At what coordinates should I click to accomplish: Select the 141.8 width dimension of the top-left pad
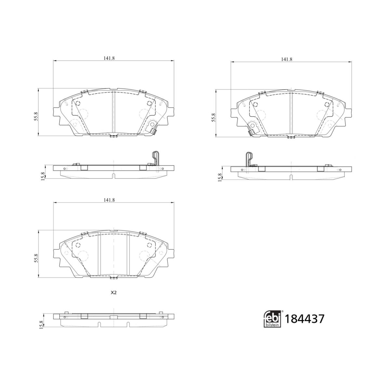[109, 58]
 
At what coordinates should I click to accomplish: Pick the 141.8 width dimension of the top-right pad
[287, 59]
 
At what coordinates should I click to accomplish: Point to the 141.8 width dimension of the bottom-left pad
[109, 200]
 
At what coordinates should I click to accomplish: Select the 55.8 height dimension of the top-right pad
[214, 117]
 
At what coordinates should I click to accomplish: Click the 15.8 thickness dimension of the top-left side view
[43, 176]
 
